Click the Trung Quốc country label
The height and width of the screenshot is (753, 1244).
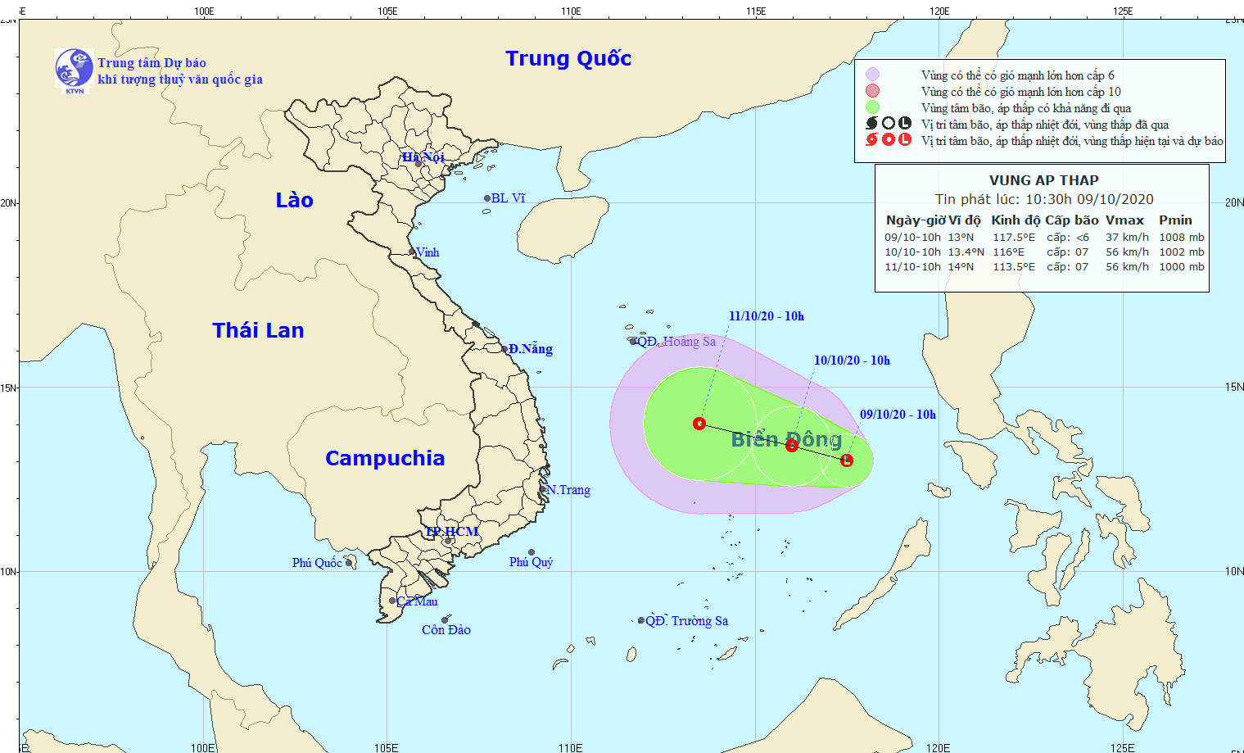[568, 58]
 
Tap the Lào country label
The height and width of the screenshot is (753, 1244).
[294, 200]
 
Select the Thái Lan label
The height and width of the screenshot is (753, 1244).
[258, 330]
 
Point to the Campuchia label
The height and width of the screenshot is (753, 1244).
[385, 458]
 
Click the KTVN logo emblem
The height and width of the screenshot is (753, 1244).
[74, 69]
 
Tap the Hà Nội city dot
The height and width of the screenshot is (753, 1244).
[418, 164]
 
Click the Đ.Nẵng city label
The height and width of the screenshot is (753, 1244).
[531, 349]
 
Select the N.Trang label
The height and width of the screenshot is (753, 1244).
[568, 490]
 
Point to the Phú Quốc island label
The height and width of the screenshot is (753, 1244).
[317, 563]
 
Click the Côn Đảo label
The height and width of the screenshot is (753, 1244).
[446, 630]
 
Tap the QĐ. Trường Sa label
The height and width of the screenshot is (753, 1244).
[686, 621]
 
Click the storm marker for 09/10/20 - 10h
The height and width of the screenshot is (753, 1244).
[847, 460]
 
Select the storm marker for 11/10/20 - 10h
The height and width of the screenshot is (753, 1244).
[699, 424]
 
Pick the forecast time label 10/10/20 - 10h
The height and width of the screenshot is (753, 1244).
[852, 361]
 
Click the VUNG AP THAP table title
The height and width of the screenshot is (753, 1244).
[1043, 180]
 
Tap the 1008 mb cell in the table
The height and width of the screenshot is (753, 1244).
[1181, 238]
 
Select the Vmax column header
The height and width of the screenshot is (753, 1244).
[1124, 220]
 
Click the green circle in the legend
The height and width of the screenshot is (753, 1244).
[873, 107]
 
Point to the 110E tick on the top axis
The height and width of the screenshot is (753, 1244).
[571, 11]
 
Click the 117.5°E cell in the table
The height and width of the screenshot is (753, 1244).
[1014, 238]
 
